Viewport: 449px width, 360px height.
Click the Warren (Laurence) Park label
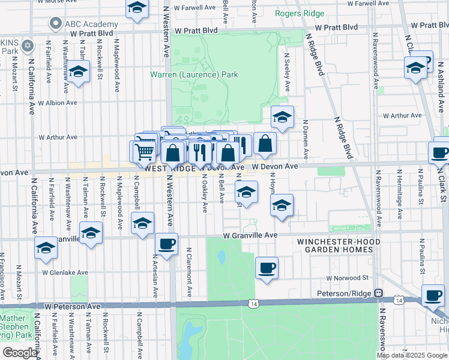pos(194,75)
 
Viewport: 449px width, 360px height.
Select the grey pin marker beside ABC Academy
pos(56,24)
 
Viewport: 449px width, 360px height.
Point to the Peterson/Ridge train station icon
pos(379,293)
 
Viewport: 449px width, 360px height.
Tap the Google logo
pos(20,353)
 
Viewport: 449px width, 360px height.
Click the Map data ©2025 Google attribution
pos(411,355)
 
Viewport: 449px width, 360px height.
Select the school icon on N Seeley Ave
pos(282,117)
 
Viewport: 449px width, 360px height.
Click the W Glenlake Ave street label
pos(65,272)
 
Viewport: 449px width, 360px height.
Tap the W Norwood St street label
pos(348,278)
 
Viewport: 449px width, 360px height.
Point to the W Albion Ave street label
pos(58,103)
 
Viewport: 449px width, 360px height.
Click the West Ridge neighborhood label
pos(170,169)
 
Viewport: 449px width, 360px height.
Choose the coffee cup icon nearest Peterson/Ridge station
pos(432,295)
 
